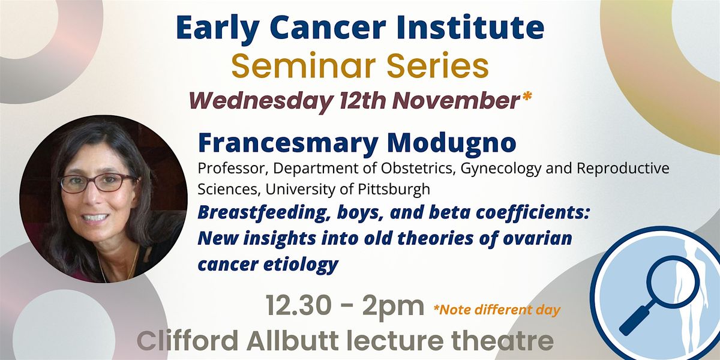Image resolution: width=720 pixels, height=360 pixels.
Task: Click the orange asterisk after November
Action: pos(526,98)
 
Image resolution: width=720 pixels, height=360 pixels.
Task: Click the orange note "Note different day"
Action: pos(499,310)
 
